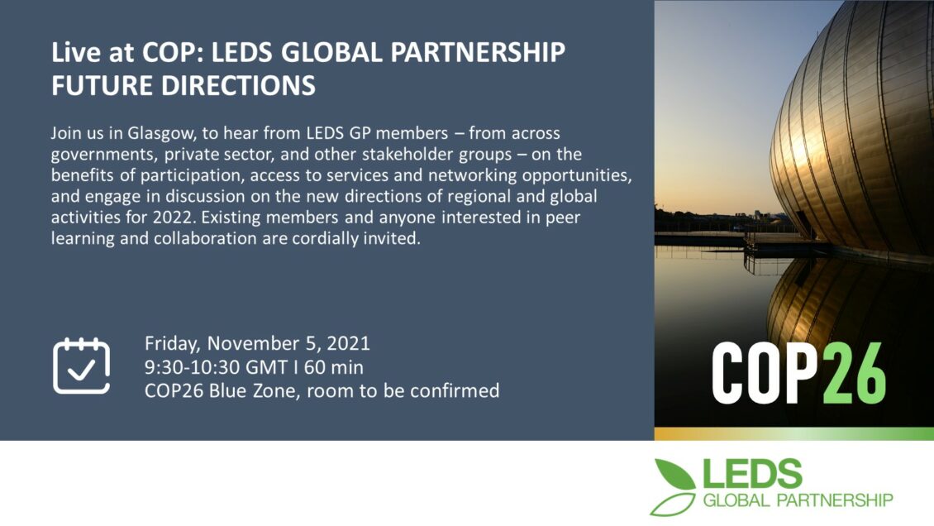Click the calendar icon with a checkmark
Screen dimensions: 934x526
click(81, 366)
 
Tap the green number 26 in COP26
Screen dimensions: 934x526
click(852, 374)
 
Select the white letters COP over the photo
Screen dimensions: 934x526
click(765, 374)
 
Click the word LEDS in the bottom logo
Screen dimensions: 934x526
click(752, 474)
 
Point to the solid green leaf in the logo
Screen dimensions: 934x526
click(675, 474)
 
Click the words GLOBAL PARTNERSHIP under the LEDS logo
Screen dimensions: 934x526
click(798, 500)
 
